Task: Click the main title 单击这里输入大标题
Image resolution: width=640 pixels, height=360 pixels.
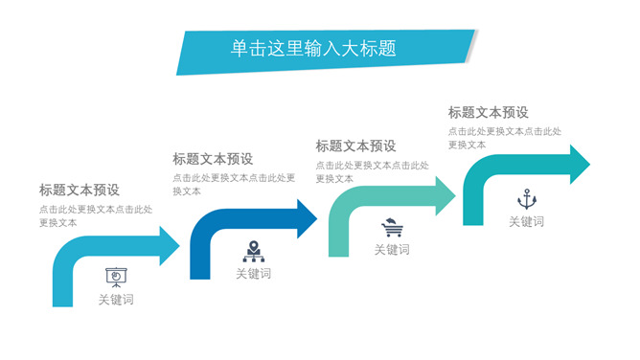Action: [x=313, y=48]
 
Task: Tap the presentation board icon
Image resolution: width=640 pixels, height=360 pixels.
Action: [x=116, y=278]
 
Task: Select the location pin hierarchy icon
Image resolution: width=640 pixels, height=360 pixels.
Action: [x=254, y=251]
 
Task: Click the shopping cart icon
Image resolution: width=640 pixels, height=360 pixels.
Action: [x=392, y=228]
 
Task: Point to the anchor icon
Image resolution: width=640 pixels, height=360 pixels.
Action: [x=527, y=199]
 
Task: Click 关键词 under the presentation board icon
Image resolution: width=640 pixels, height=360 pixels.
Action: [x=116, y=300]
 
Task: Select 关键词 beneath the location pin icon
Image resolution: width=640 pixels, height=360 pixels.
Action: [x=254, y=274]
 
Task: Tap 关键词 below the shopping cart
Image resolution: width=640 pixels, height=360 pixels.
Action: [x=392, y=250]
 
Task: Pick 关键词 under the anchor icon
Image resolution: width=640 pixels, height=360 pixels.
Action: [x=527, y=221]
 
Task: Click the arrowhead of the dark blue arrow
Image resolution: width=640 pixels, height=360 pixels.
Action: [x=307, y=219]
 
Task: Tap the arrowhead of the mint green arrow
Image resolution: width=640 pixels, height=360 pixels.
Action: [x=445, y=196]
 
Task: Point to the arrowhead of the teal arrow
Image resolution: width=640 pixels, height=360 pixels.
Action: [x=580, y=165]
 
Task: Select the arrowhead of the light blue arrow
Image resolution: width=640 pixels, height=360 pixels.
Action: [x=169, y=246]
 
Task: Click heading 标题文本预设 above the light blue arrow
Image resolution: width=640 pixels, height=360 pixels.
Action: [x=80, y=190]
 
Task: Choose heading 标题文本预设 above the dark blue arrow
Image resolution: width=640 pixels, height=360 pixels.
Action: [x=213, y=159]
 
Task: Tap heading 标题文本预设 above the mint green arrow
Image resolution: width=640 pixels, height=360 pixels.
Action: [x=355, y=146]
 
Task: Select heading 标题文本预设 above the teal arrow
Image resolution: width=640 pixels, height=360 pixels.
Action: [x=489, y=113]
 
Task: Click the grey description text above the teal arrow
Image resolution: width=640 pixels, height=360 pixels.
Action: [x=505, y=138]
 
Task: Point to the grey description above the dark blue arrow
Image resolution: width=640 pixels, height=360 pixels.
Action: [x=234, y=184]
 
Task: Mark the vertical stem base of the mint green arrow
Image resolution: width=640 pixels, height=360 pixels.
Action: [x=339, y=253]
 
